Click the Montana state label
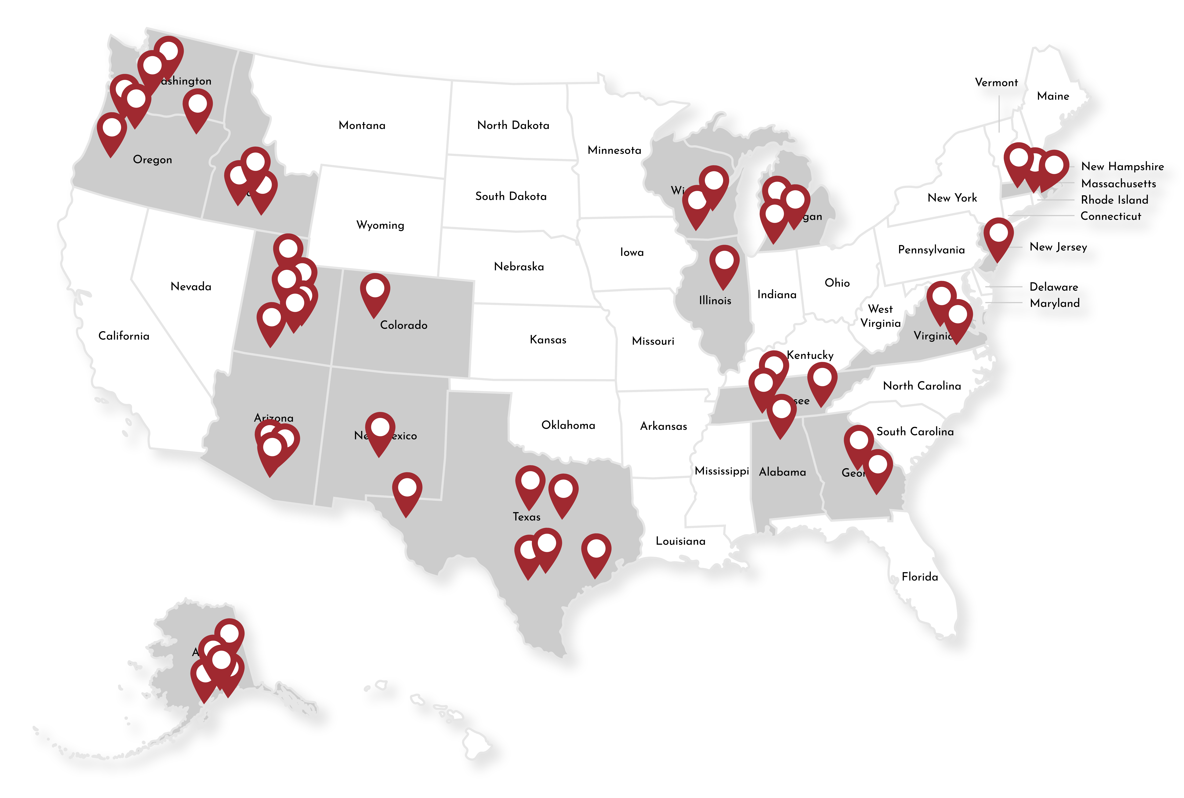362,125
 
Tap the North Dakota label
513,125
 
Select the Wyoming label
380,225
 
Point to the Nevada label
191,286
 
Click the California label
124,336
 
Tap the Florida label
919,577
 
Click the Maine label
1053,96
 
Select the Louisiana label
680,541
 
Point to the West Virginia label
880,316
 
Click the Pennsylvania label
931,250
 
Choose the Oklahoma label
568,425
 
